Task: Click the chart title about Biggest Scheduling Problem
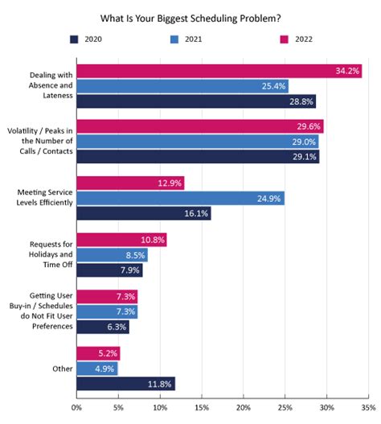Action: click(x=190, y=16)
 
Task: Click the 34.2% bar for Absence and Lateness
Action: click(x=219, y=72)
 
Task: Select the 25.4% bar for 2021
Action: click(x=182, y=86)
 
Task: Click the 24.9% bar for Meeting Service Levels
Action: click(x=180, y=198)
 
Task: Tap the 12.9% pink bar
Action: click(x=129, y=183)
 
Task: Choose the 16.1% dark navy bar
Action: click(x=143, y=213)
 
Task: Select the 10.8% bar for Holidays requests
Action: click(x=121, y=239)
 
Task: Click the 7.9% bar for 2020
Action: click(x=109, y=270)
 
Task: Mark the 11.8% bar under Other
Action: click(x=125, y=383)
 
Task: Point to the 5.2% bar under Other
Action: click(x=97, y=352)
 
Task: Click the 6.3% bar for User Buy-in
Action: click(x=102, y=327)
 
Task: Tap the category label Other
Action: click(x=61, y=368)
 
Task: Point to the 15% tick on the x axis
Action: click(x=202, y=408)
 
